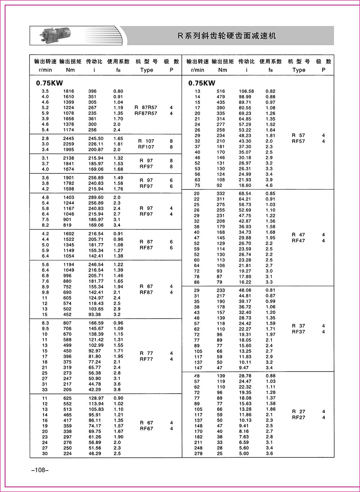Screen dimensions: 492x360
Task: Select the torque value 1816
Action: coord(68,91)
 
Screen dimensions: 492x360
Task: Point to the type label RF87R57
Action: coord(146,113)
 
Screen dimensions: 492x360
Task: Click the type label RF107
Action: coord(147,147)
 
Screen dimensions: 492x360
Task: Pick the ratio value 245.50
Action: coord(96,138)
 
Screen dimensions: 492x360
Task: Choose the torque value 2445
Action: coord(68,138)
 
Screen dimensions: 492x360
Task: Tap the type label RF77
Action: coord(146,359)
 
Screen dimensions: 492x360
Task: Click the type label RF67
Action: coord(146,429)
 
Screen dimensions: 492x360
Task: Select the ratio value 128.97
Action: coord(96,398)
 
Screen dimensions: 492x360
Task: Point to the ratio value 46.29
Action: coord(95,453)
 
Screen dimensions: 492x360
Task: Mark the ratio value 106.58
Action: coord(246,91)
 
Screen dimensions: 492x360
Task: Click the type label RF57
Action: coord(298,141)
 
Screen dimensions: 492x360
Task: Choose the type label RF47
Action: coord(298,241)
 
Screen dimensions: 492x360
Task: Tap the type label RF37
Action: coord(298,332)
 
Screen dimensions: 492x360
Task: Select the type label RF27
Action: coord(298,417)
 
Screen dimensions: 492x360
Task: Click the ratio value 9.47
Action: coord(244,368)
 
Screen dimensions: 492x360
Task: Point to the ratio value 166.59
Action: coord(96,323)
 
